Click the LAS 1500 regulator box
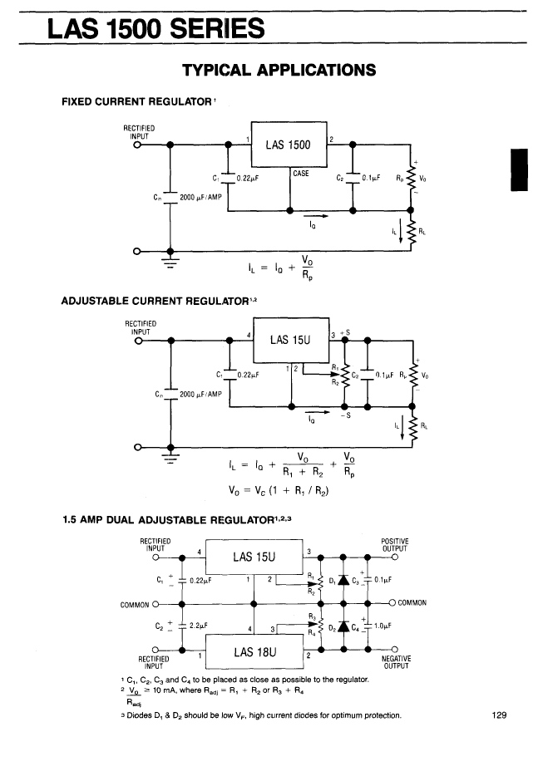tap(289, 144)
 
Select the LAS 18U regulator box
tap(254, 651)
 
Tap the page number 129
tap(499, 715)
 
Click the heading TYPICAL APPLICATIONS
tap(279, 70)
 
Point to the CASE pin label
tap(301, 174)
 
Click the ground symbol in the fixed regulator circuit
tap(170, 261)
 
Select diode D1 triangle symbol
tap(343, 580)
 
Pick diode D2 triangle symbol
tap(343, 626)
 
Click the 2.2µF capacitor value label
tap(199, 626)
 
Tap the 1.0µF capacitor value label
tap(383, 626)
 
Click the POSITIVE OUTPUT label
tap(395, 545)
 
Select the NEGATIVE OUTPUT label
tap(397, 662)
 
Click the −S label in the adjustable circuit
tap(346, 415)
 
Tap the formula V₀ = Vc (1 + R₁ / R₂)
tap(279, 490)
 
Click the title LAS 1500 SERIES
tap(156, 28)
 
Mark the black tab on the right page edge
tap(519, 169)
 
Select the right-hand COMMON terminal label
tap(412, 603)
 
